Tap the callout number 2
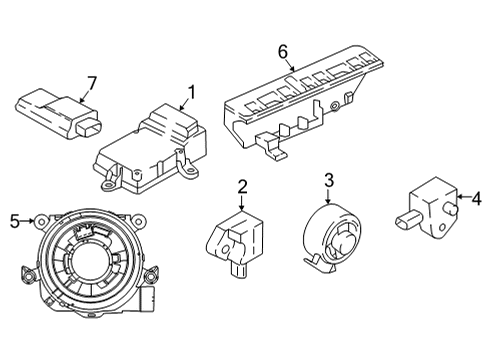click(242, 186)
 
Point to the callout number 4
click(476, 199)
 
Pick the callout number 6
click(283, 51)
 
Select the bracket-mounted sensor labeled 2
click(237, 243)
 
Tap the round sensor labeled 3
click(333, 241)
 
